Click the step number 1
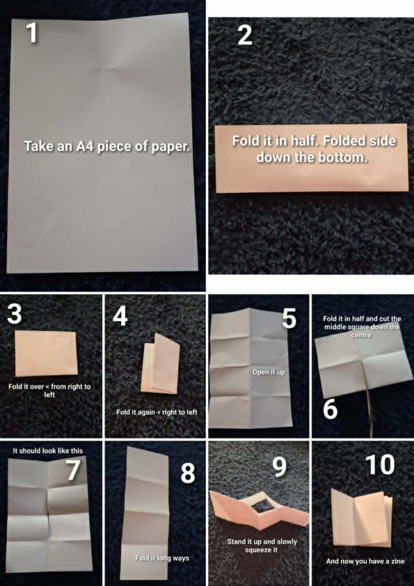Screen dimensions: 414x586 (32, 32)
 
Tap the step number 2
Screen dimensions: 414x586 (245, 36)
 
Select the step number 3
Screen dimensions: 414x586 (14, 314)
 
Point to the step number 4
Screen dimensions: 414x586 (120, 316)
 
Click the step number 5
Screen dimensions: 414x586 (289, 319)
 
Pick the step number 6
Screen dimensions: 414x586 (331, 410)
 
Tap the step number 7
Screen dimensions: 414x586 (74, 470)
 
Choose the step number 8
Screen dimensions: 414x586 (188, 473)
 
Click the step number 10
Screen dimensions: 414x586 (380, 465)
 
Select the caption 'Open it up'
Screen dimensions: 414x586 (269, 372)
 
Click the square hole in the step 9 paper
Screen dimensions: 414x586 (263, 506)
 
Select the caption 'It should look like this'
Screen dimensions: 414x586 (48, 451)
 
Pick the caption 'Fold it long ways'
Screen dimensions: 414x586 (162, 558)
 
